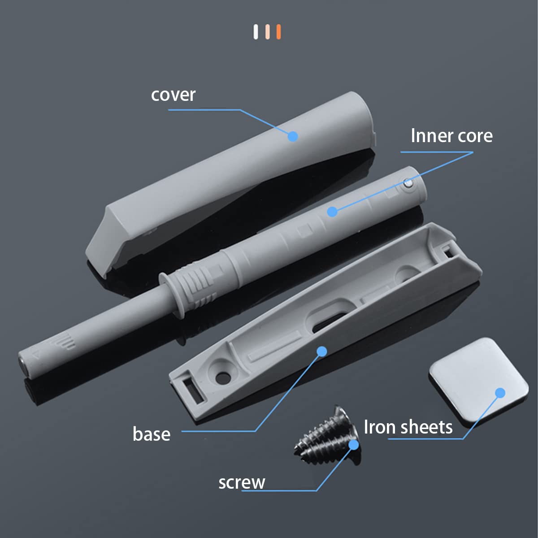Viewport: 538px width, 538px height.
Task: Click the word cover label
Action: (x=173, y=95)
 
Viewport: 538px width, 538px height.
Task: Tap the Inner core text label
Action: (x=451, y=136)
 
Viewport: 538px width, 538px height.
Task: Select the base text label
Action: (x=152, y=434)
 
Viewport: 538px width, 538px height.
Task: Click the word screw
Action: (x=242, y=482)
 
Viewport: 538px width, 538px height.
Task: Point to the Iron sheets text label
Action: (x=408, y=427)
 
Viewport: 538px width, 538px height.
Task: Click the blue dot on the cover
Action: (x=293, y=136)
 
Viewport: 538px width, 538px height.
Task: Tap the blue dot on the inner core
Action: (x=332, y=211)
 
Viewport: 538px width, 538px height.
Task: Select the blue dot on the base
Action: (x=321, y=351)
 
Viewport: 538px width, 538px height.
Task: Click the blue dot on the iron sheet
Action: (x=500, y=393)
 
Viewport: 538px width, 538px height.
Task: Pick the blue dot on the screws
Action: (x=354, y=444)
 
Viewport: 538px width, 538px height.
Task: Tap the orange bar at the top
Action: (x=278, y=32)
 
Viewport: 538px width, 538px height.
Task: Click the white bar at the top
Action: (x=256, y=32)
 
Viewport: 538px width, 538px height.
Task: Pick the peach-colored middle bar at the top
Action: (x=267, y=32)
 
